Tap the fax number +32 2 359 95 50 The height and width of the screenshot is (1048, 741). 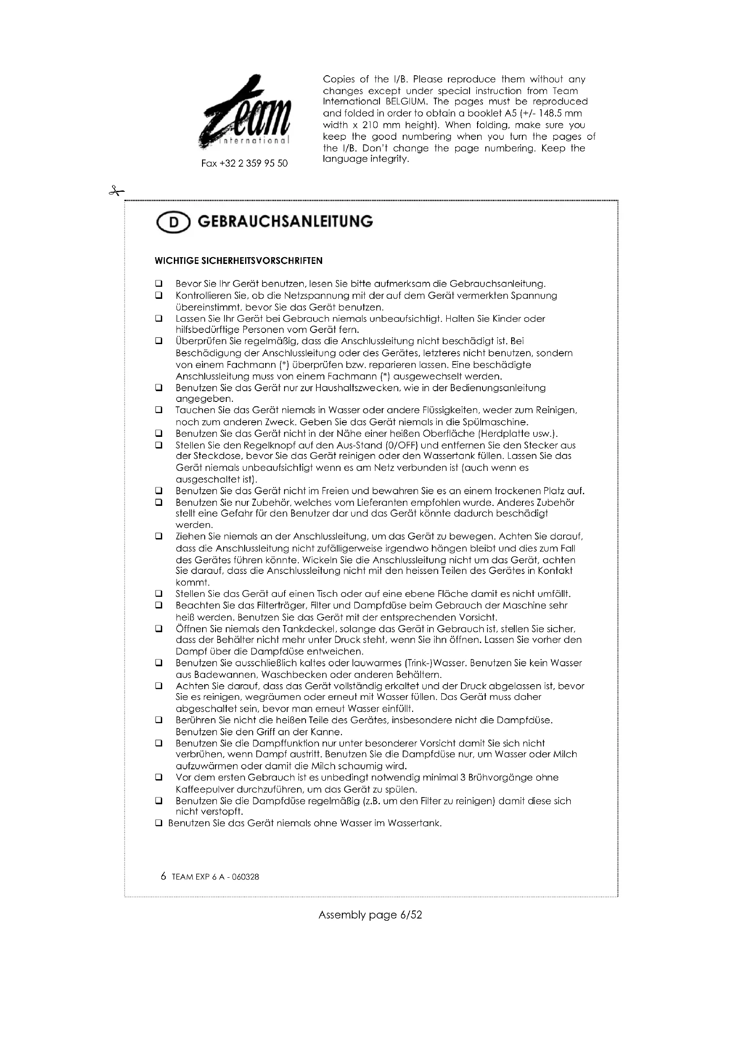(x=245, y=164)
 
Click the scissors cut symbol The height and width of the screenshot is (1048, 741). (x=116, y=191)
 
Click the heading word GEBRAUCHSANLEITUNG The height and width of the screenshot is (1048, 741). (x=285, y=221)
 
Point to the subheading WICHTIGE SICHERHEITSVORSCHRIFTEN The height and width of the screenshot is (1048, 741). (x=239, y=261)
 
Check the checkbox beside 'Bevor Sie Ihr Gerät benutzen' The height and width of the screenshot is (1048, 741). (x=159, y=284)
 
